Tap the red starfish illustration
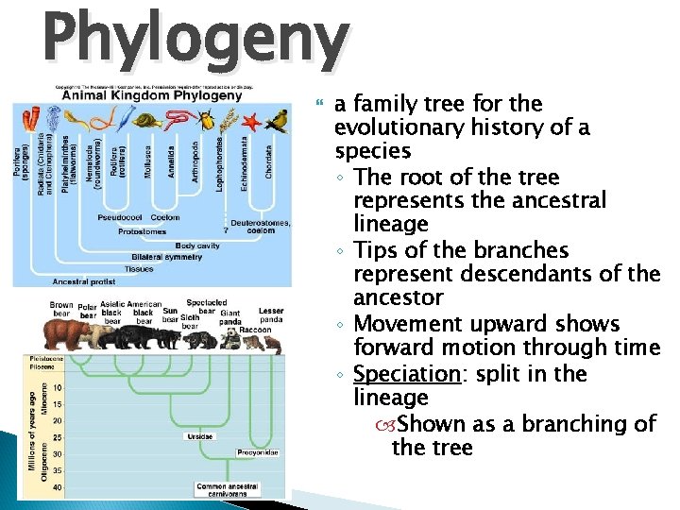click(x=251, y=121)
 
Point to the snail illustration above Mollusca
click(x=147, y=120)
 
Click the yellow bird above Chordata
click(x=276, y=120)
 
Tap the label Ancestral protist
click(x=82, y=280)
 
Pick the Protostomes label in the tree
click(x=143, y=230)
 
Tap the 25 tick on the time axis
click(x=59, y=437)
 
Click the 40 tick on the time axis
click(x=59, y=486)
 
